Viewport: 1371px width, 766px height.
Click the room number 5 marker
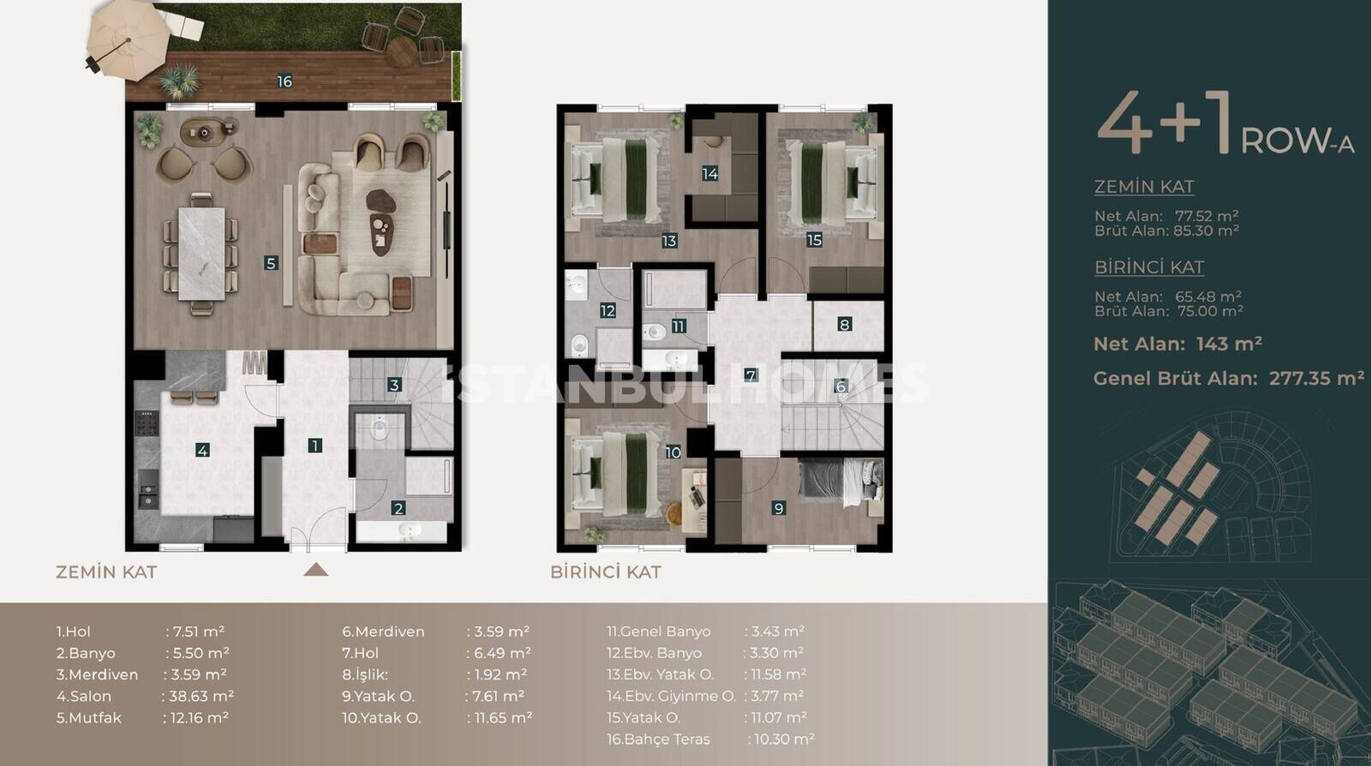[x=271, y=264]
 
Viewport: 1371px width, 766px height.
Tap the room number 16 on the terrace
[x=284, y=81]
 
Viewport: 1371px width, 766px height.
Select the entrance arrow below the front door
[x=316, y=571]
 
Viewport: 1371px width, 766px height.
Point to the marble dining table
[x=202, y=254]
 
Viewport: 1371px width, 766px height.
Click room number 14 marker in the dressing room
[x=710, y=174]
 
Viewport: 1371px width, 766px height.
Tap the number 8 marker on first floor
[x=845, y=324]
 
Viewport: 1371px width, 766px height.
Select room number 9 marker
[x=779, y=508]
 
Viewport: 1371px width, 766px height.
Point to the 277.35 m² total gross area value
[x=1316, y=378]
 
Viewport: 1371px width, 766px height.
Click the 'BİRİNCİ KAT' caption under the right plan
[x=606, y=572]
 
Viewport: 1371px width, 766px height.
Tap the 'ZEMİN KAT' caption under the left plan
[x=106, y=572]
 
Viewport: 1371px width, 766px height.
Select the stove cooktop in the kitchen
[x=147, y=423]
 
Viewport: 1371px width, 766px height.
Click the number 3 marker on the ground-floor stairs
[x=394, y=385]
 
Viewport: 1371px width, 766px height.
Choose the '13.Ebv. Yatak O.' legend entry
[x=661, y=674]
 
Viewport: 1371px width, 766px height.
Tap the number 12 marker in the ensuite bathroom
[x=608, y=311]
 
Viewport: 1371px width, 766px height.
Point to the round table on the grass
[x=402, y=51]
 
